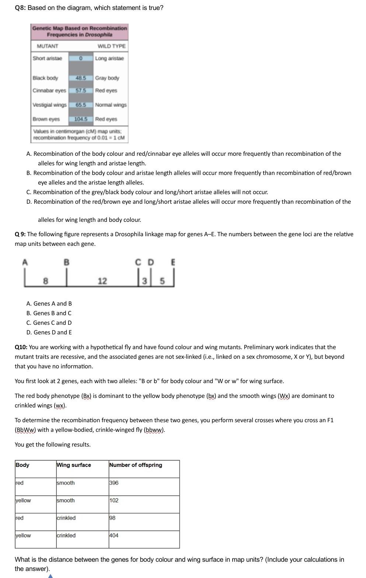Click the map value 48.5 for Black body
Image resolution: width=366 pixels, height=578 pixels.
click(x=80, y=78)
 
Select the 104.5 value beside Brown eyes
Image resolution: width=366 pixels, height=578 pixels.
click(x=81, y=119)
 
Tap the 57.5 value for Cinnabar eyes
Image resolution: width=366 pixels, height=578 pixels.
click(x=80, y=90)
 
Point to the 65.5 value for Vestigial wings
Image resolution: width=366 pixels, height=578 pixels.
click(x=80, y=105)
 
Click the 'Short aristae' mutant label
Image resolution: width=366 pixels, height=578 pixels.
click(x=47, y=58)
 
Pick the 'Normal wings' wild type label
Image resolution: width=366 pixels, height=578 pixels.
click(x=111, y=105)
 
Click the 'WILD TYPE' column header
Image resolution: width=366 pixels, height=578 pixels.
click(x=111, y=46)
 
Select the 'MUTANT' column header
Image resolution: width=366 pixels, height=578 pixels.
click(x=47, y=46)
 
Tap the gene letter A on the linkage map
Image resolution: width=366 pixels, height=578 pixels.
click(x=25, y=262)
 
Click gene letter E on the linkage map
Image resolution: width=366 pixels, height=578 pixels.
click(x=173, y=262)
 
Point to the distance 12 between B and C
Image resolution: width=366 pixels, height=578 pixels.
click(x=102, y=281)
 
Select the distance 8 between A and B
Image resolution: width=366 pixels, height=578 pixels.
click(x=45, y=281)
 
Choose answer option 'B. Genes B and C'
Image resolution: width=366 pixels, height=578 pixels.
click(x=49, y=313)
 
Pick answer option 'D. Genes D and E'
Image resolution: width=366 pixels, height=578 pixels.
click(x=49, y=332)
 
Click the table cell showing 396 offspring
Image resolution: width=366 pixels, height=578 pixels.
click(x=114, y=483)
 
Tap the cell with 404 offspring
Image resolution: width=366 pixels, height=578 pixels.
click(x=114, y=535)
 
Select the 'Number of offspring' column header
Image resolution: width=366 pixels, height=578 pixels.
click(x=136, y=465)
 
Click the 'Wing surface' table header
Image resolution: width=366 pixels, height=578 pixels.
click(x=74, y=465)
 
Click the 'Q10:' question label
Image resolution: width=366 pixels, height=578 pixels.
click(x=21, y=347)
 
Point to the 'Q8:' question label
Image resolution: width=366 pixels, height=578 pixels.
click(x=20, y=8)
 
